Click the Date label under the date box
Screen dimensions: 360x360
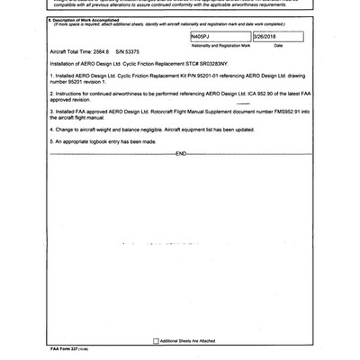279,44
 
